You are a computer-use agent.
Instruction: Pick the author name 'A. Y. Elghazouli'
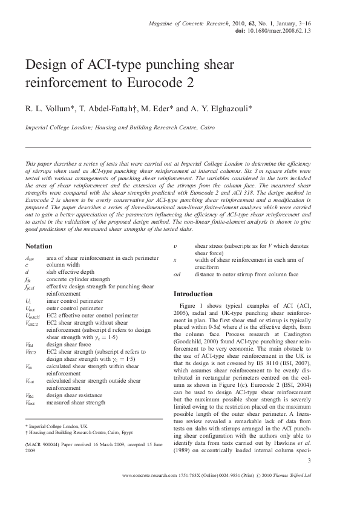coord(197,109)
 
